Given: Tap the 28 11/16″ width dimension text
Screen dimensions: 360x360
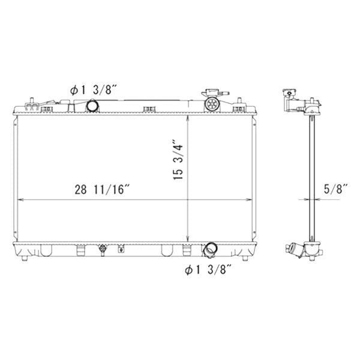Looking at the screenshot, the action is tap(102, 190).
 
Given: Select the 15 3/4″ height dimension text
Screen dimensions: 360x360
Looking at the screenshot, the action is tap(178, 159).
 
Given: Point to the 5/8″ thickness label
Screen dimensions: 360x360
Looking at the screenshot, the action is tap(335, 189).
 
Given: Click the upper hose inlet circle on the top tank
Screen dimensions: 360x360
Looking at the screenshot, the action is tap(92, 106).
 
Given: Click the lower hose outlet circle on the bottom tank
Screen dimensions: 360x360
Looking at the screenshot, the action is tap(211, 248).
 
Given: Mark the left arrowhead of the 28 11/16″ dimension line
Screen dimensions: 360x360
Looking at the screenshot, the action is tap(20, 200).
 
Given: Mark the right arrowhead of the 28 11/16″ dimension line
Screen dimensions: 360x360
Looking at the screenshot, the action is tap(249, 200).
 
